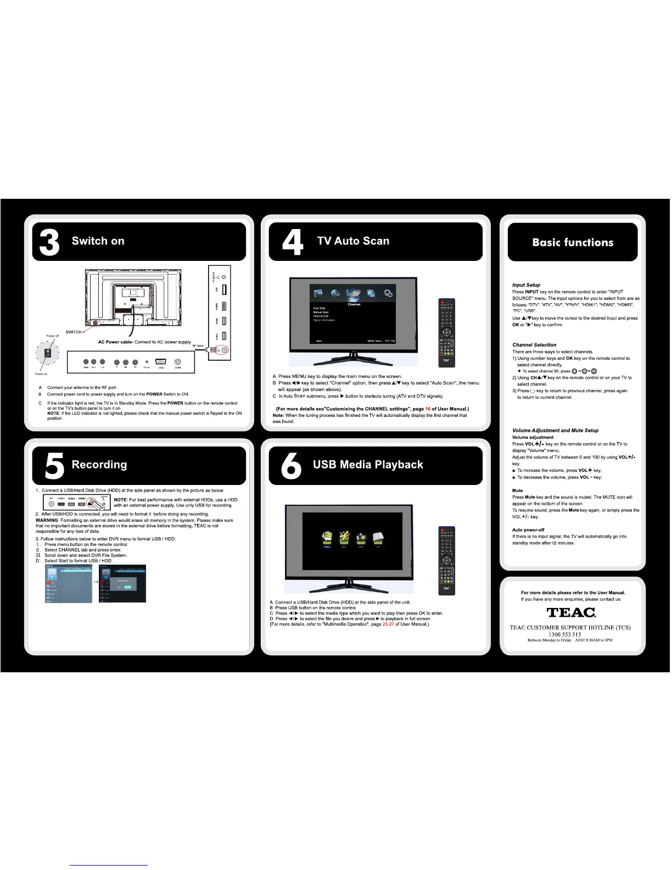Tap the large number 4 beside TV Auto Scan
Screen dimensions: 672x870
pos(292,243)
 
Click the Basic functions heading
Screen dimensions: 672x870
pos(573,243)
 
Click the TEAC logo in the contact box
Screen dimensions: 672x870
pos(571,612)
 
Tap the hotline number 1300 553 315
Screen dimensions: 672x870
pos(564,634)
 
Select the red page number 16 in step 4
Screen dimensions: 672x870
pos(428,409)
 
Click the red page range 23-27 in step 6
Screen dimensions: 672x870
pos(388,624)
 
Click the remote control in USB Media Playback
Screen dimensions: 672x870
pos(447,560)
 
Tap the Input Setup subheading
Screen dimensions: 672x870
pos(526,285)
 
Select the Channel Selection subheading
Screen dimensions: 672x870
pos(534,345)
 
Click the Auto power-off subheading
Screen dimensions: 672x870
pos(528,530)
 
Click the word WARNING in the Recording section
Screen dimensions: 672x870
pos(47,520)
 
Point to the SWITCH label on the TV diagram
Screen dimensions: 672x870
pos(74,332)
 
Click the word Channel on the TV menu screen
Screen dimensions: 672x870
pos(354,304)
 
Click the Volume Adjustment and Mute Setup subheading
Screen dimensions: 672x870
pos(555,431)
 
